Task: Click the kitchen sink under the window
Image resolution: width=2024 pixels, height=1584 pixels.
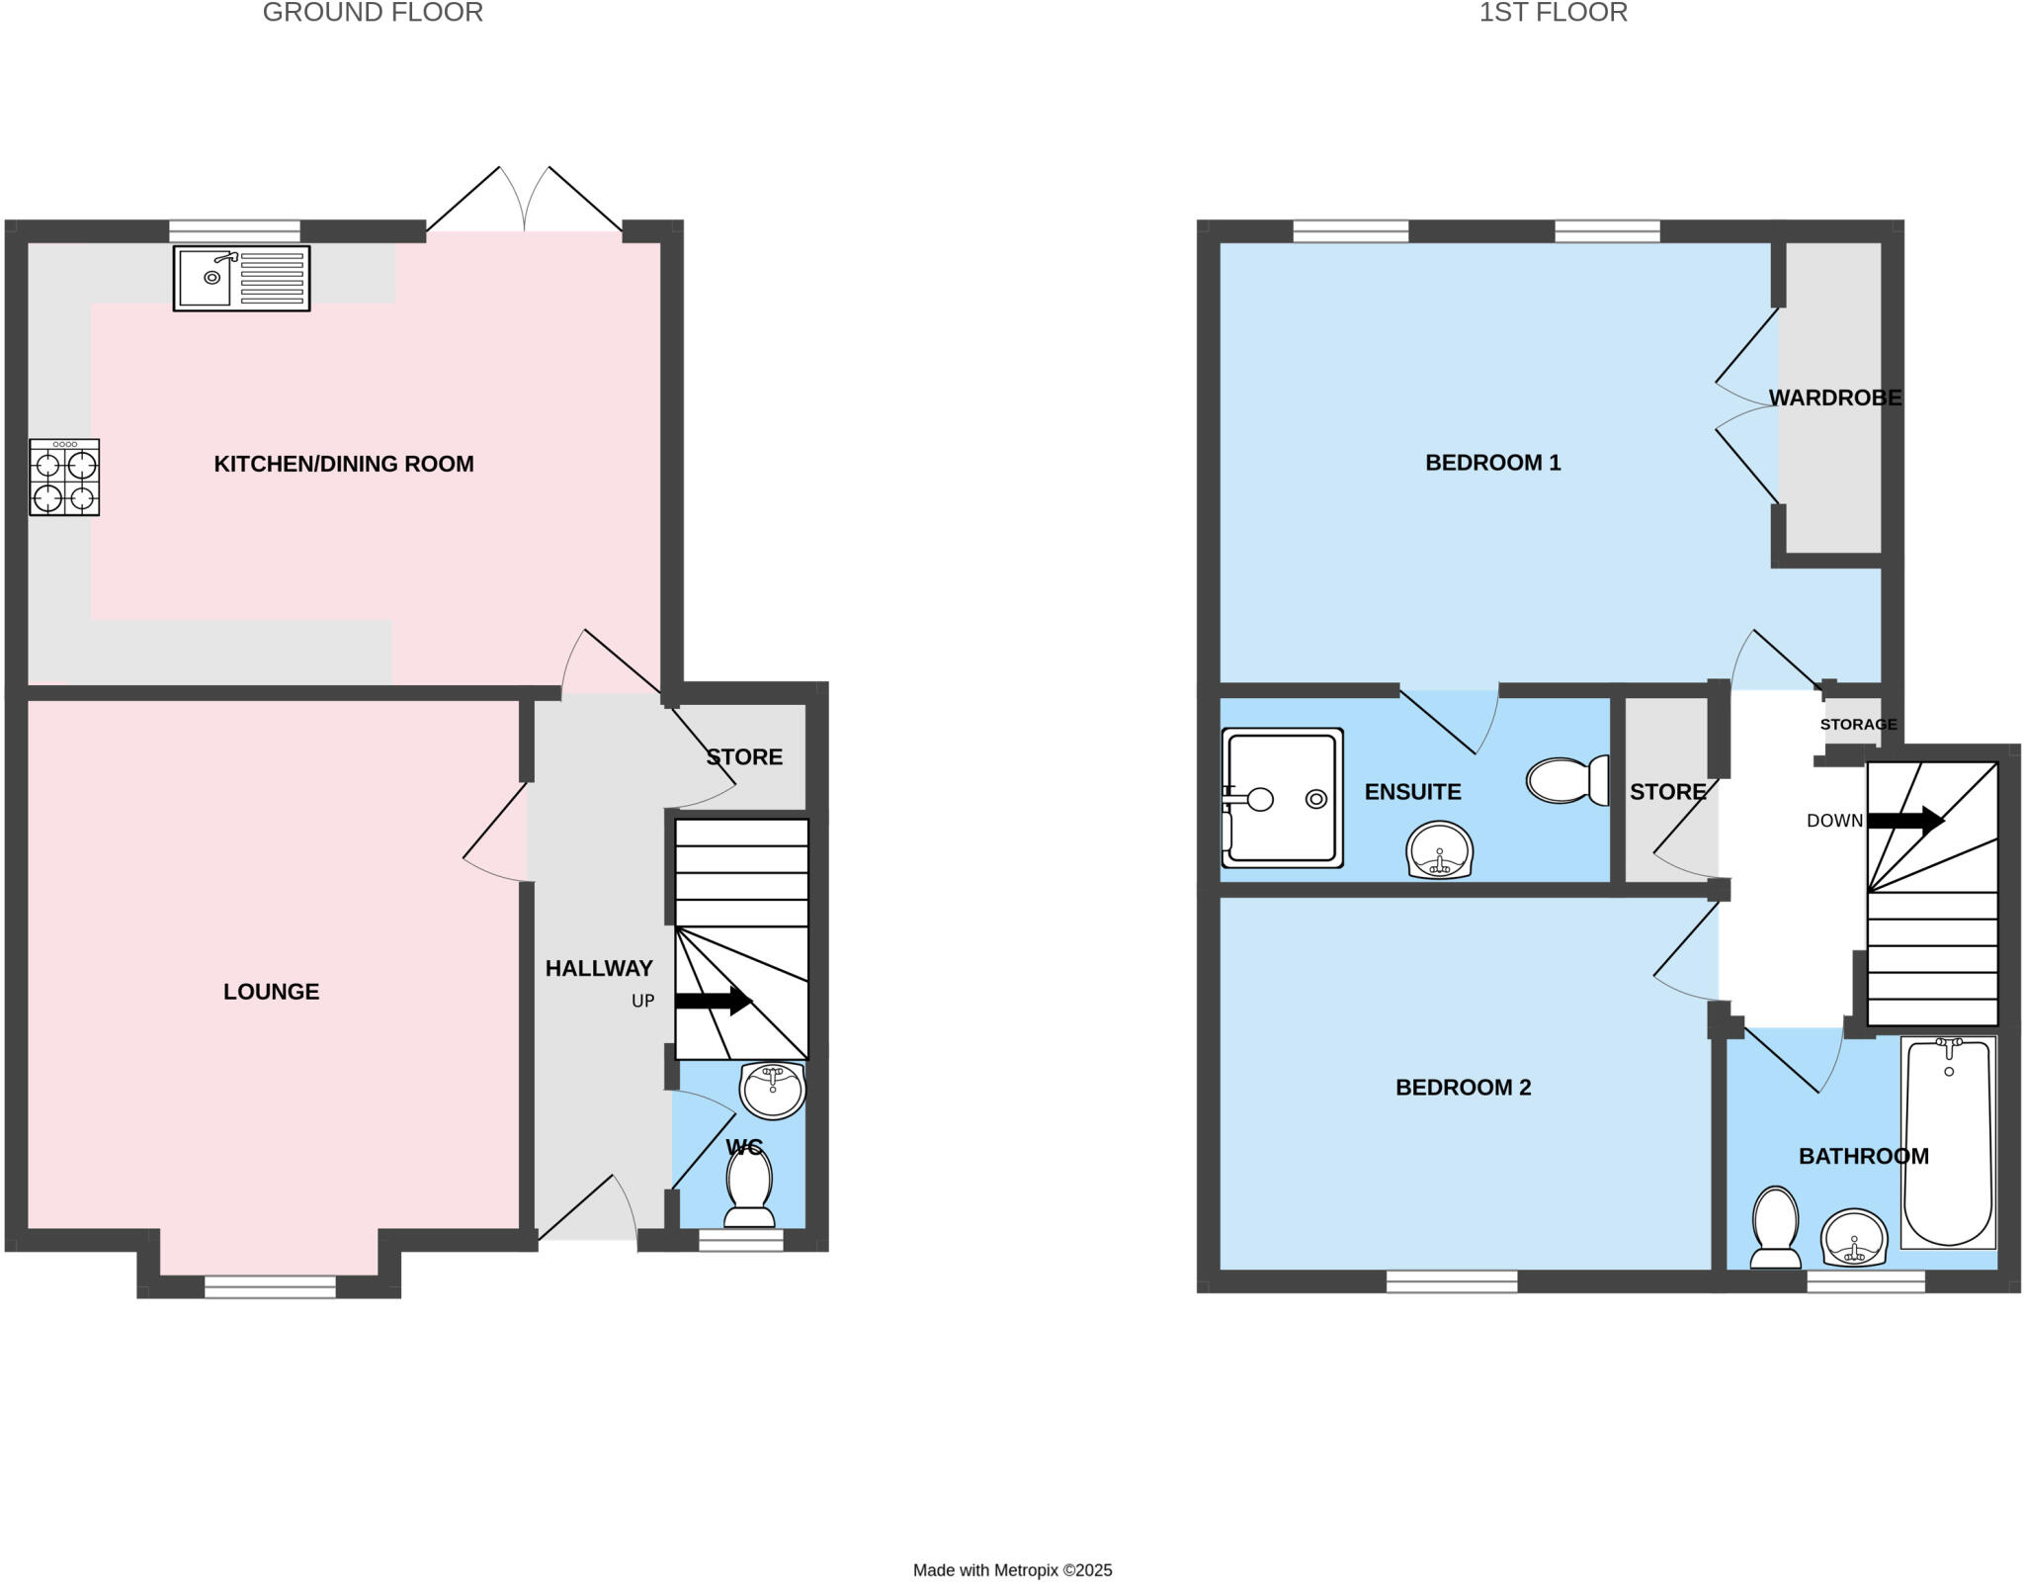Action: tap(241, 279)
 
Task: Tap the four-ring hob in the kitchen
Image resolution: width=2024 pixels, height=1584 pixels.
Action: tap(64, 478)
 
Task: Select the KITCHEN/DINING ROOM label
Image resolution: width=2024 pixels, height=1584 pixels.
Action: tap(344, 464)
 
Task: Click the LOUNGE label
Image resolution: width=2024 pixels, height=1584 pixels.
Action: tap(271, 992)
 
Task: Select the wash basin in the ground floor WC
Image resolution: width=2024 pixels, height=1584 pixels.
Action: tap(773, 1090)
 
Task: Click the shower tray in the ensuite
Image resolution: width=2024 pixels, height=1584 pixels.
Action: tap(1282, 798)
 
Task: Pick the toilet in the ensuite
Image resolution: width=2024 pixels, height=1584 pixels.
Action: tap(1568, 780)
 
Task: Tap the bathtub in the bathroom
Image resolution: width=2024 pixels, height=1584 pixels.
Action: tap(1948, 1142)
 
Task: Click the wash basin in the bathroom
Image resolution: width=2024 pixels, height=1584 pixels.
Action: tap(1854, 1238)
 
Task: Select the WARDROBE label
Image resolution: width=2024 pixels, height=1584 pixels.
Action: tap(1834, 397)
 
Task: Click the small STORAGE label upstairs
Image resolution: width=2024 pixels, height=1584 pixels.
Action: tap(1858, 724)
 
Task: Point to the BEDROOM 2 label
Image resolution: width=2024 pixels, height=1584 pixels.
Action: tap(1463, 1088)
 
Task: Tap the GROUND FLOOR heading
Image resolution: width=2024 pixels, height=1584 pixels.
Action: tap(373, 13)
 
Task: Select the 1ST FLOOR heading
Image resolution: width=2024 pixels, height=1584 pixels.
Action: tap(1553, 13)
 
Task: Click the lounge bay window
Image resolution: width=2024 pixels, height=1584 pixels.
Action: tap(270, 1286)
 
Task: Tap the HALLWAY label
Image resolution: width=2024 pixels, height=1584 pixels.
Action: tap(599, 968)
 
